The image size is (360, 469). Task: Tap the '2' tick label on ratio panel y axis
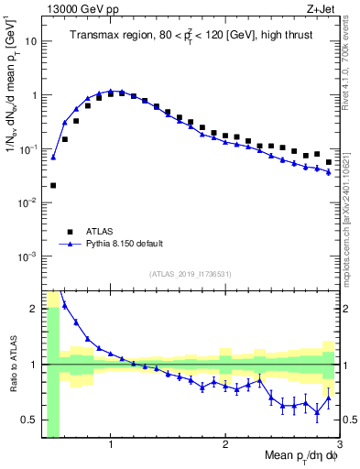pyautogui.click(x=34, y=309)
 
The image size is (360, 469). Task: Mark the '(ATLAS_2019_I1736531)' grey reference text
pyautogui.click(x=191, y=274)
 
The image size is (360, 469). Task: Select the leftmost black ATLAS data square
pyautogui.click(x=53, y=185)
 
